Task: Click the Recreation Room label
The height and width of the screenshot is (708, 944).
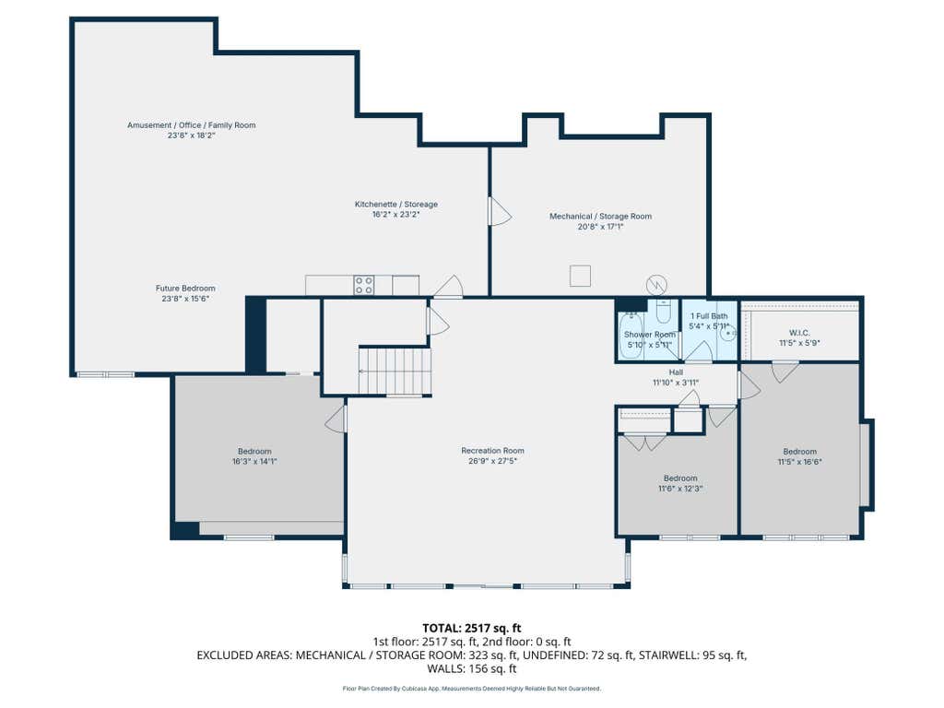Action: coord(492,450)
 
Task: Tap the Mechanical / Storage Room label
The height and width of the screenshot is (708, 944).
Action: coord(600,216)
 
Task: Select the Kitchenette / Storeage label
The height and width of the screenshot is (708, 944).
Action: coord(396,204)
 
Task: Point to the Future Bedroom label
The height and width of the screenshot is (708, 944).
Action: coord(185,289)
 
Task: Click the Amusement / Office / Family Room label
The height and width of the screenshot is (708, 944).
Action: coord(192,125)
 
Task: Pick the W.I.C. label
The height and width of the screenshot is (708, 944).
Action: coord(799,333)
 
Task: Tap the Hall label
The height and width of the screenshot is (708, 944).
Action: coord(676,372)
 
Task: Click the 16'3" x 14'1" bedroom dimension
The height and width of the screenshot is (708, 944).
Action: coord(254,462)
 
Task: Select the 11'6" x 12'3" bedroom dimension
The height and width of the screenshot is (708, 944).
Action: coord(680,489)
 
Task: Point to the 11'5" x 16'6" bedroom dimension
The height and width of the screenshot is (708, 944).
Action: coord(799,463)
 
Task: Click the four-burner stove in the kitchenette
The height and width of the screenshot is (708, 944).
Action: coord(363,286)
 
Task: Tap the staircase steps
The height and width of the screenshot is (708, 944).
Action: coord(395,372)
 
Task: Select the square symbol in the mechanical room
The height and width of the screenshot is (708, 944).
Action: coord(581,276)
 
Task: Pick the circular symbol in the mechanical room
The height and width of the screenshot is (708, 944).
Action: coord(656,285)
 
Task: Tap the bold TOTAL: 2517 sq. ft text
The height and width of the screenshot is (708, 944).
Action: coord(471,629)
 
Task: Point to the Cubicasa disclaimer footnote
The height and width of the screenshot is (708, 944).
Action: coord(471,688)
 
